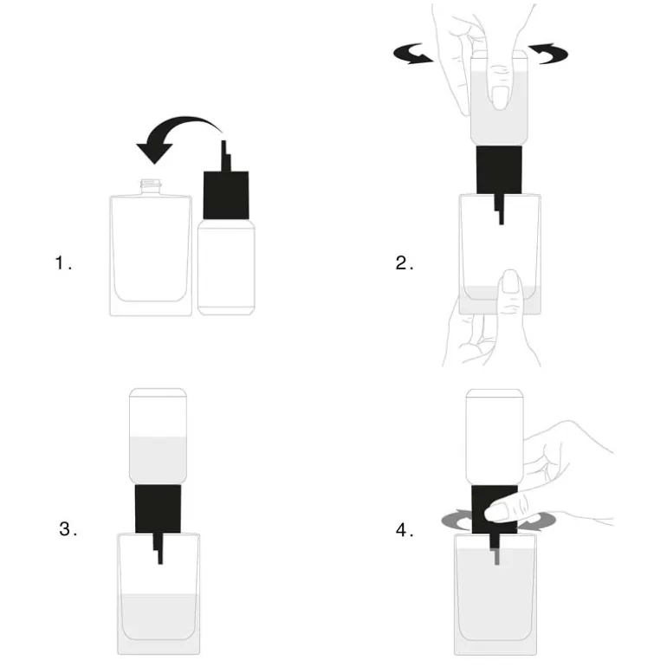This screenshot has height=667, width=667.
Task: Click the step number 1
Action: pyautogui.click(x=63, y=262)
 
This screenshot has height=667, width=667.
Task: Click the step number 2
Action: pyautogui.click(x=405, y=262)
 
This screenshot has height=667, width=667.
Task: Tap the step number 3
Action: pyautogui.click(x=68, y=528)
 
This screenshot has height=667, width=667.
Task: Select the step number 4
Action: pyautogui.click(x=405, y=530)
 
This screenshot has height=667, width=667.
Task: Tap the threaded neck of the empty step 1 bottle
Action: pyautogui.click(x=151, y=187)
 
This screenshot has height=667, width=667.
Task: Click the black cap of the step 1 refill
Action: pyautogui.click(x=226, y=195)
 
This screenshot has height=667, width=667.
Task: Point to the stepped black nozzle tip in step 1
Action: pyautogui.click(x=226, y=156)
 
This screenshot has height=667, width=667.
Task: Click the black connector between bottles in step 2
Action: pyautogui.click(x=499, y=170)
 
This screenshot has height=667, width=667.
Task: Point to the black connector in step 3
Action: pyautogui.click(x=158, y=508)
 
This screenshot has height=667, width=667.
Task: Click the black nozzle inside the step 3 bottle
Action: pyautogui.click(x=159, y=548)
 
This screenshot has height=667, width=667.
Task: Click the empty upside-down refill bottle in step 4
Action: pyautogui.click(x=495, y=437)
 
